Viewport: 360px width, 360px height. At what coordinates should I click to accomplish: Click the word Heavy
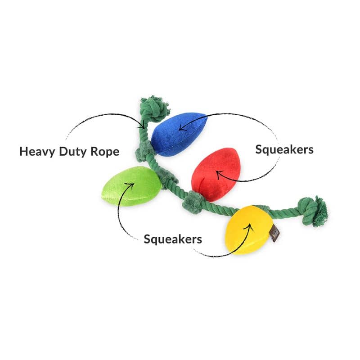tap(36, 151)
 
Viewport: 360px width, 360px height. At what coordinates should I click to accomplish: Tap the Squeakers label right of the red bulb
tap(284, 149)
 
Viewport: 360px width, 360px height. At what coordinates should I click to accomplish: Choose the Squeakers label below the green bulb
tap(172, 238)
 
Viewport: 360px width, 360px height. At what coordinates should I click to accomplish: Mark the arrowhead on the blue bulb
tap(181, 129)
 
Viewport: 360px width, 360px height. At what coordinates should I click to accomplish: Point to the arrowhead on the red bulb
tap(217, 173)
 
